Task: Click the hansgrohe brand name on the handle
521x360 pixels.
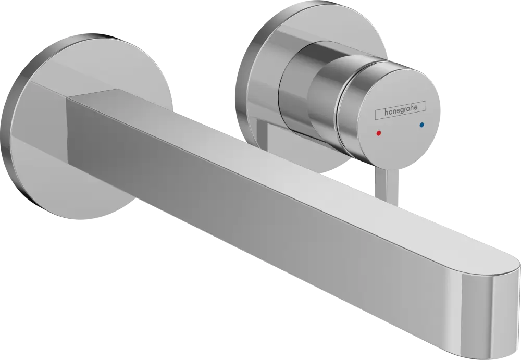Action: click(398, 111)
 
